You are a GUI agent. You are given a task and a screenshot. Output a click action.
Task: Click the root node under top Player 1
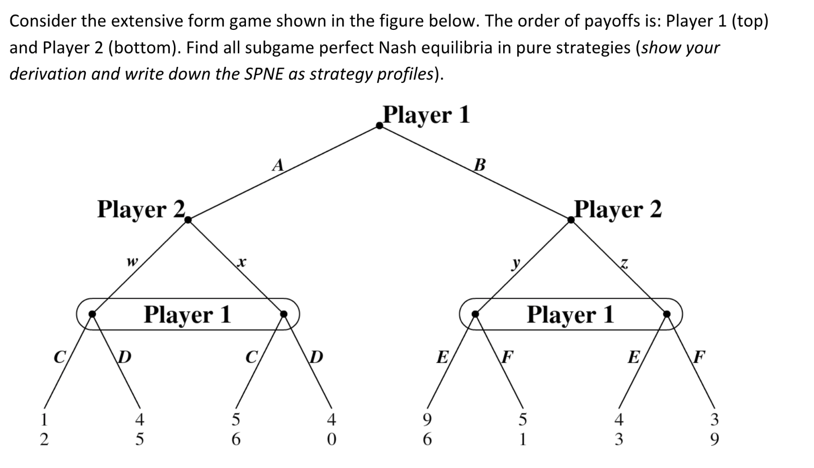(x=380, y=125)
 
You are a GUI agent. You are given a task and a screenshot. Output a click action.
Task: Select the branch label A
(x=278, y=165)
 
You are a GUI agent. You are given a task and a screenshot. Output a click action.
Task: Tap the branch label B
(x=480, y=165)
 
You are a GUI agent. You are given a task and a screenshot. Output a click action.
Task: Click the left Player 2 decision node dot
(x=188, y=220)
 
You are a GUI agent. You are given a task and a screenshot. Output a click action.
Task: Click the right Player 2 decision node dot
(x=571, y=220)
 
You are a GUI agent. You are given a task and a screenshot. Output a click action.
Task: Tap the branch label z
(x=624, y=264)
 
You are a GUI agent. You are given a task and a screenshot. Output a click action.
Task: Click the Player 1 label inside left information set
(x=187, y=314)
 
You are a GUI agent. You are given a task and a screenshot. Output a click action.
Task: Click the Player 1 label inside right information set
(x=571, y=314)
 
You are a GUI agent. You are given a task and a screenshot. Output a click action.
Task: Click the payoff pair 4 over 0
(x=331, y=430)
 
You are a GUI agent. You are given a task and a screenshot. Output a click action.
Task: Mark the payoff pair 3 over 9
(x=715, y=430)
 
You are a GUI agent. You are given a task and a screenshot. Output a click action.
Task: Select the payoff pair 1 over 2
(x=44, y=430)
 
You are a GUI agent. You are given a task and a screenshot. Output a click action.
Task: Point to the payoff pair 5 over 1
(x=523, y=430)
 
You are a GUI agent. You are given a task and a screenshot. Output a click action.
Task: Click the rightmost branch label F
(x=699, y=356)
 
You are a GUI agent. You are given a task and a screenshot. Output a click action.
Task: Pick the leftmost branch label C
(x=60, y=356)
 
